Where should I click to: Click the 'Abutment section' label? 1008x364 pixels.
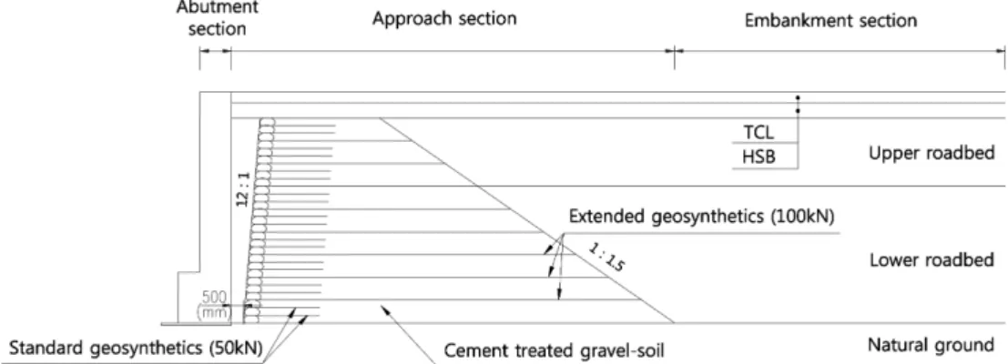click(x=218, y=18)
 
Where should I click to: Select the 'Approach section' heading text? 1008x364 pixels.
click(x=444, y=18)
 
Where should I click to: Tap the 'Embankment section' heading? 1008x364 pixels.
click(x=830, y=20)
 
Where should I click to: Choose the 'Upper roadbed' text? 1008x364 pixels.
click(x=932, y=154)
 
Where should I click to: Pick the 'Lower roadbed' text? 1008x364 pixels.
click(x=932, y=260)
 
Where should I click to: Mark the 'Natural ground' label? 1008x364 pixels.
click(x=931, y=346)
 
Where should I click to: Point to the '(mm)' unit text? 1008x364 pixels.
click(x=211, y=312)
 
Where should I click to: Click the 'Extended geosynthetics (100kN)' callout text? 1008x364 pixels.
click(x=701, y=217)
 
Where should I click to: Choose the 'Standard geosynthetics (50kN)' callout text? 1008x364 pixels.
click(x=136, y=349)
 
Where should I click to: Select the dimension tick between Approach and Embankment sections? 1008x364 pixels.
click(x=674, y=50)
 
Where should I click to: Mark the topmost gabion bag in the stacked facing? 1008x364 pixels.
click(x=267, y=121)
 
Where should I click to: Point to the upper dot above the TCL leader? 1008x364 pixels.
click(x=798, y=98)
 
